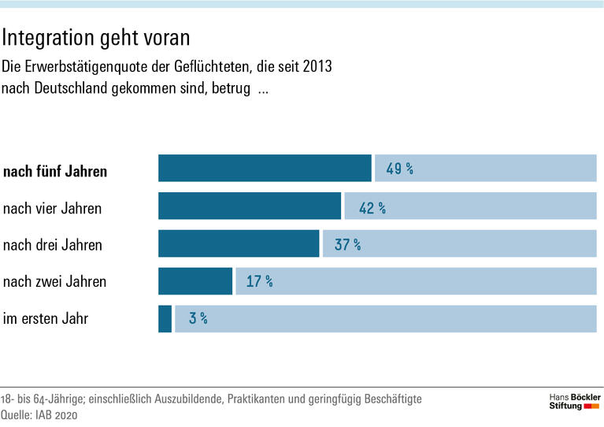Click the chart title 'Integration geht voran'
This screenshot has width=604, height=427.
(x=96, y=37)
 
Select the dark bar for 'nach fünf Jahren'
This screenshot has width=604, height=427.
(x=265, y=169)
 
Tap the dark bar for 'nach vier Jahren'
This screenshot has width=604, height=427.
(x=250, y=206)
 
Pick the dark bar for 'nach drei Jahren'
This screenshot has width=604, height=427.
(x=239, y=244)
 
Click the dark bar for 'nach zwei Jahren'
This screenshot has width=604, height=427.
(x=195, y=281)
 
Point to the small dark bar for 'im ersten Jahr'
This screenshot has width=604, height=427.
(x=165, y=318)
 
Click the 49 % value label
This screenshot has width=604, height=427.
(x=399, y=169)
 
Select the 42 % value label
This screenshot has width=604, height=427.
(x=372, y=207)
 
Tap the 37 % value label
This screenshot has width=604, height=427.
(x=347, y=245)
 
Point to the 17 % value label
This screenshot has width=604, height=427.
(x=259, y=281)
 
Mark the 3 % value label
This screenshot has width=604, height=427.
(x=198, y=319)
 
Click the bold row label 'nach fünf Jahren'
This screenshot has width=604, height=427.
(x=55, y=171)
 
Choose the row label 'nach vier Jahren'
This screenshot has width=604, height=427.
(x=52, y=209)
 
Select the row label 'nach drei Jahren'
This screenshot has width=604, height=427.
(x=53, y=245)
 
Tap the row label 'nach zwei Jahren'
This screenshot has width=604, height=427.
(x=54, y=281)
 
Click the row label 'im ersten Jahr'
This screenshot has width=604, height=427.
(x=46, y=319)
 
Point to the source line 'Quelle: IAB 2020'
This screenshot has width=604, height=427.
(x=42, y=415)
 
